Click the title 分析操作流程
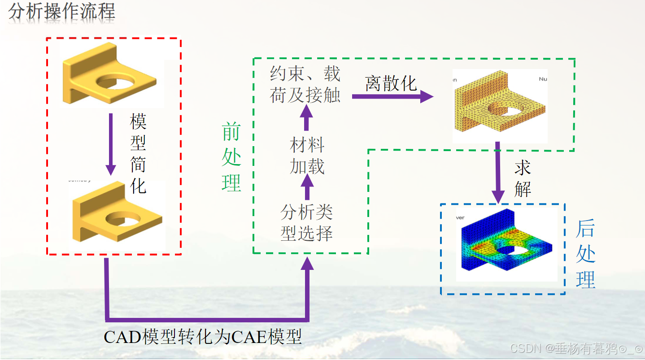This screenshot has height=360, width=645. [62, 12]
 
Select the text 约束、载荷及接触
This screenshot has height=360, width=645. [305, 85]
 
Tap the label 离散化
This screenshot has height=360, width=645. [391, 83]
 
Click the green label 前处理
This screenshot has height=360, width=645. [231, 157]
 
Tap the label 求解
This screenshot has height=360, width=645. [523, 178]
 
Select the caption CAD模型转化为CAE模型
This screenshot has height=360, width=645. [203, 337]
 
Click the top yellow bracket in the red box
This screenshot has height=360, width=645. [110, 74]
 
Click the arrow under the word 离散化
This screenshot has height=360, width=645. [392, 96]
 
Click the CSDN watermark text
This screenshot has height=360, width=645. [576, 349]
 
